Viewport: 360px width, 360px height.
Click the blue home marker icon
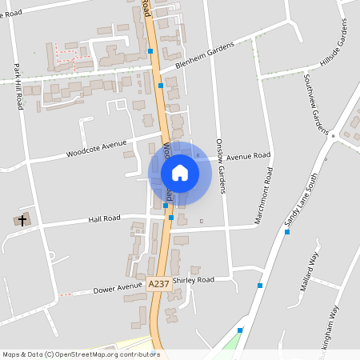[x=180, y=172]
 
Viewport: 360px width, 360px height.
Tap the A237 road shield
[x=158, y=284]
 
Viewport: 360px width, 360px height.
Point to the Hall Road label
[x=104, y=218]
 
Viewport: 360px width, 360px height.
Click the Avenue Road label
[x=248, y=157]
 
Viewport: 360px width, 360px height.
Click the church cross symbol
[x=22, y=219]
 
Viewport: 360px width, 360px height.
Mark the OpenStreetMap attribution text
[x=81, y=354]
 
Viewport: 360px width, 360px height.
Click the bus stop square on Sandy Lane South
[x=286, y=232]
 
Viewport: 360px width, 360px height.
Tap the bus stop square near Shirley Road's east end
[x=260, y=285]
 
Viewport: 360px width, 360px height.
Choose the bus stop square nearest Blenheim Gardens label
[x=161, y=85]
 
